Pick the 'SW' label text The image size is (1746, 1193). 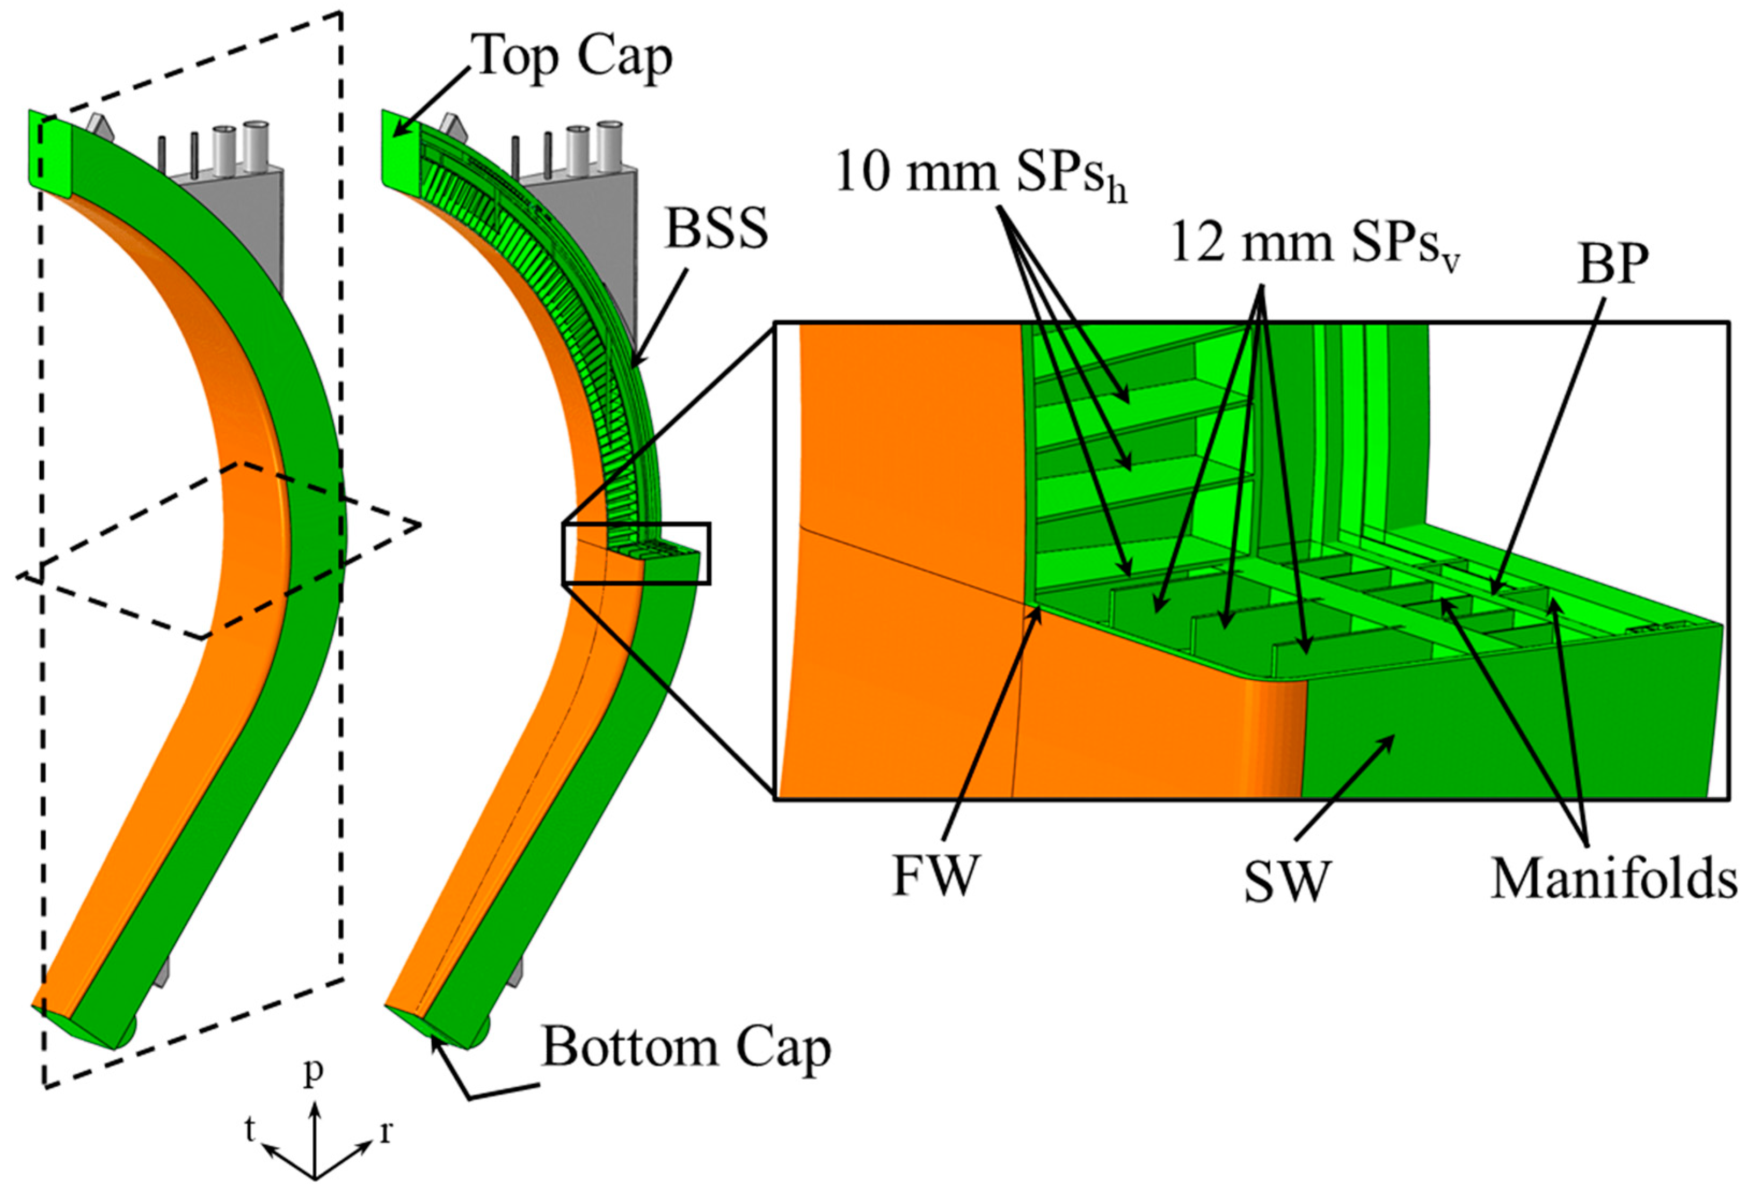(x=1286, y=882)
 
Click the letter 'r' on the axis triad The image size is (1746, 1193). (x=386, y=1131)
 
